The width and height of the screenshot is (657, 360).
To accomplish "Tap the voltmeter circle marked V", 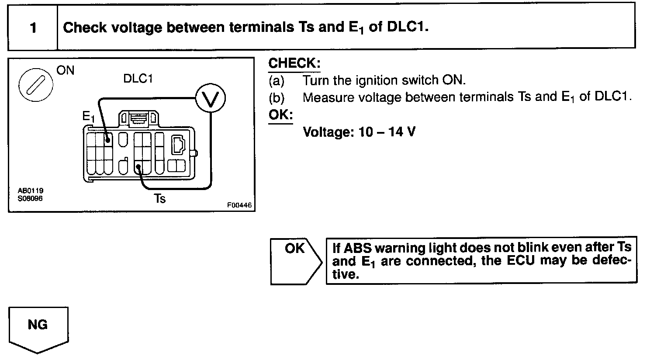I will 210,99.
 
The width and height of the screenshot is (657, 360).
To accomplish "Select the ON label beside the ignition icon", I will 66,70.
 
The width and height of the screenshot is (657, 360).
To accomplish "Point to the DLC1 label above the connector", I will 138,79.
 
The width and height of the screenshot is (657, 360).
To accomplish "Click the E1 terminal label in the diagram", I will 88,117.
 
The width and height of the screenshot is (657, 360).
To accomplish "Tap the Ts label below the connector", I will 160,199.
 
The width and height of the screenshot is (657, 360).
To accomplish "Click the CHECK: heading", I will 294,63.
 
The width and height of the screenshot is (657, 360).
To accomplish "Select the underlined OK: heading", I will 280,115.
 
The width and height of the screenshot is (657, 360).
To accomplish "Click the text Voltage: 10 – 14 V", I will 359,132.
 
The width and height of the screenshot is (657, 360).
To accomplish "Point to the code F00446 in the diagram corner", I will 239,205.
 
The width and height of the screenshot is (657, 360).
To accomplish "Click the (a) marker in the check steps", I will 276,81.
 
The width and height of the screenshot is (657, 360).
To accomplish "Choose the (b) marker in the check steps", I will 276,97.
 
